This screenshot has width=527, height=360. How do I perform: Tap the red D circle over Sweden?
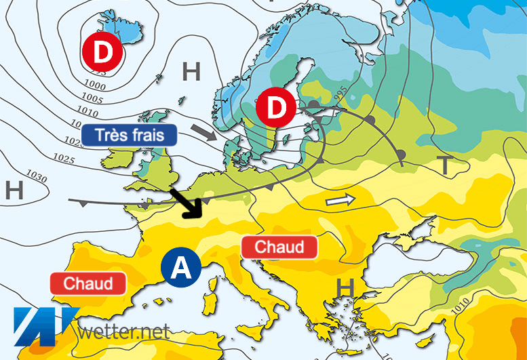click(x=277, y=108)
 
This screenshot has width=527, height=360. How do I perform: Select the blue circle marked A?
click(x=180, y=268)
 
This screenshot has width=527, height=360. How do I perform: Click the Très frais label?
click(x=130, y=134)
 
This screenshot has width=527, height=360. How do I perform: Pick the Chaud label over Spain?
click(x=88, y=283)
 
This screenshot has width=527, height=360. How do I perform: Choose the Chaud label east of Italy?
click(x=279, y=247)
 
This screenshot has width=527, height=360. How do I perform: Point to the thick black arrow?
click(x=187, y=203)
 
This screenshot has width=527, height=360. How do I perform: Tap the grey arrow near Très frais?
click(x=206, y=131)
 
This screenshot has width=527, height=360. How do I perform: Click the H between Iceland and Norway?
click(x=192, y=71)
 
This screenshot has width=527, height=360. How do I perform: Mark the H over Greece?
click(x=345, y=289)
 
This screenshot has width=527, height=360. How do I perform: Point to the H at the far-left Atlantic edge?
click(x=13, y=191)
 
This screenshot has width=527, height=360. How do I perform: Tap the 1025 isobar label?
click(x=62, y=159)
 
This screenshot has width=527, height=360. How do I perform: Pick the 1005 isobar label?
click(x=94, y=100)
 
